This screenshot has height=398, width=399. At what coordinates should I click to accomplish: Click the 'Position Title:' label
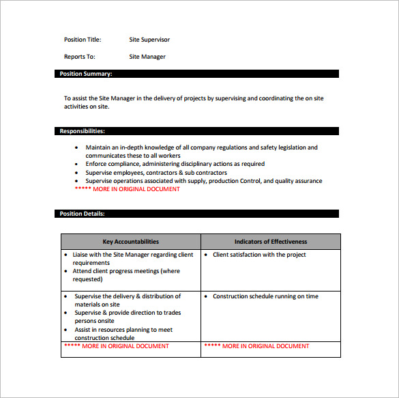tap(85, 40)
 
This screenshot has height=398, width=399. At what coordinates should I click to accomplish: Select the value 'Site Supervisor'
tap(149, 40)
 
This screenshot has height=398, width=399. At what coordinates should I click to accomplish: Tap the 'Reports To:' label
tap(80, 57)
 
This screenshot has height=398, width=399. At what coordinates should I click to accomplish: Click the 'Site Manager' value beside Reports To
tap(147, 57)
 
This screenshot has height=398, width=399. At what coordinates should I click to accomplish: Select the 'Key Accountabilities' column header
tap(130, 242)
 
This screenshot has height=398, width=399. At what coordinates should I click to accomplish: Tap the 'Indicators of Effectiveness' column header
tap(271, 242)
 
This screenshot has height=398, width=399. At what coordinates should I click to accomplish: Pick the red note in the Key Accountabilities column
tap(117, 346)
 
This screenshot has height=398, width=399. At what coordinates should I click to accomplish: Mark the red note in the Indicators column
tap(256, 346)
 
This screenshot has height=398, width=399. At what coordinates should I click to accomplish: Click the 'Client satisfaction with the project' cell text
tap(259, 255)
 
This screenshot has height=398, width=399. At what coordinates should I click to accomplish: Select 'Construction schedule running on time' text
tap(265, 296)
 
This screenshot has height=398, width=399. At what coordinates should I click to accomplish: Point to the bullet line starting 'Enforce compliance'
tap(175, 164)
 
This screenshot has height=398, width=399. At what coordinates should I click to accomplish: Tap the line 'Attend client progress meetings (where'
tap(127, 271)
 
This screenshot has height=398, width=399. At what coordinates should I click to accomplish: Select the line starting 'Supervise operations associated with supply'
tap(203, 181)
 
